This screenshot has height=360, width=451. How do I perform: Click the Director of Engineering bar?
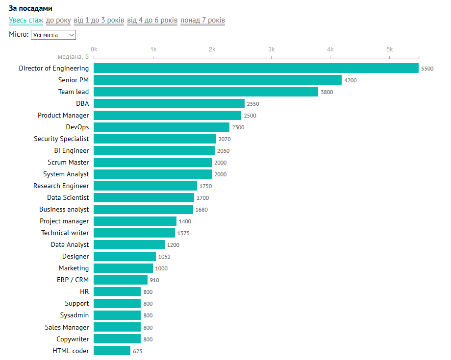[256, 68]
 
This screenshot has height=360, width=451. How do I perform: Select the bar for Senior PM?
[218, 80]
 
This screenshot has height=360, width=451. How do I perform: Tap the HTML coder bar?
[112, 351]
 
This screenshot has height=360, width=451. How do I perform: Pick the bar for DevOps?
[161, 127]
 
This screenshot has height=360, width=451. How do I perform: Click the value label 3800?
[326, 92]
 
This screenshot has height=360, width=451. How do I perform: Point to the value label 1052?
[164, 257]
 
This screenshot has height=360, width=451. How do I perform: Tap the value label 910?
[154, 280]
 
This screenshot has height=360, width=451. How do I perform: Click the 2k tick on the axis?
[212, 49]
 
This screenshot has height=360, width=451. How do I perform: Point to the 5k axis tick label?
[389, 49]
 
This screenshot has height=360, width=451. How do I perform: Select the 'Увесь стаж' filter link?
[26, 20]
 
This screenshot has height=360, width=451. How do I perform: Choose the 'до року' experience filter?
[58, 20]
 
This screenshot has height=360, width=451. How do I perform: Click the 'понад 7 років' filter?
[202, 20]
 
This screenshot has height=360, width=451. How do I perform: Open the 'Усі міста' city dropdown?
[53, 35]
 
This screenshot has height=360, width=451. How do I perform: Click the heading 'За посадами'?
[30, 9]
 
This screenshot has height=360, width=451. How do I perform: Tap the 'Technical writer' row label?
[65, 233]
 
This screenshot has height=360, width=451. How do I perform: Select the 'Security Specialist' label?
[61, 139]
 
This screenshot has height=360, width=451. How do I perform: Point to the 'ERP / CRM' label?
[73, 280]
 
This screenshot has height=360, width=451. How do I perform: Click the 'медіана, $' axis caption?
[73, 56]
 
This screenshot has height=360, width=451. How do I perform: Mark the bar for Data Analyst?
[129, 244]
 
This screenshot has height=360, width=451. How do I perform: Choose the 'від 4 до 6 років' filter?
[152, 20]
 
